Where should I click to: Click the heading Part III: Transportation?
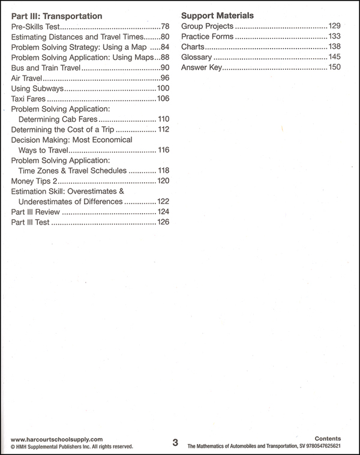[57, 16]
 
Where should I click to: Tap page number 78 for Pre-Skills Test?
[166, 27]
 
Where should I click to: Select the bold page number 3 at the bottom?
[175, 442]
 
